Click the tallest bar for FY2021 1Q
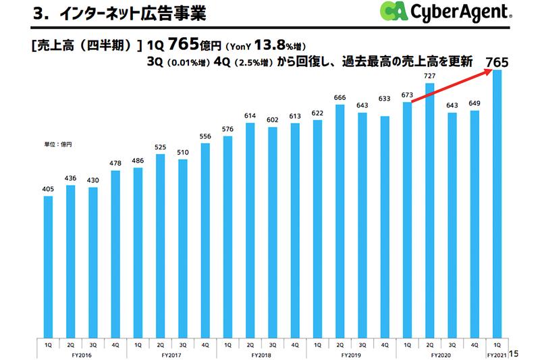coord(497,203)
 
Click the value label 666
coord(340,98)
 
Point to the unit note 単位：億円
coord(58,145)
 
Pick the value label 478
coord(115,163)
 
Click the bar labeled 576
coord(228,236)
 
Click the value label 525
coord(161,147)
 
